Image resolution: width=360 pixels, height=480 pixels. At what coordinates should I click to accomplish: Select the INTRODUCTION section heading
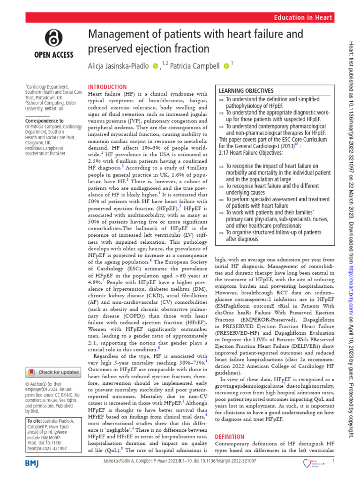tap(107, 87)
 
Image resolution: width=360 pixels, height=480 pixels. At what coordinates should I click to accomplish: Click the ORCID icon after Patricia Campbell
tap(226, 66)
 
